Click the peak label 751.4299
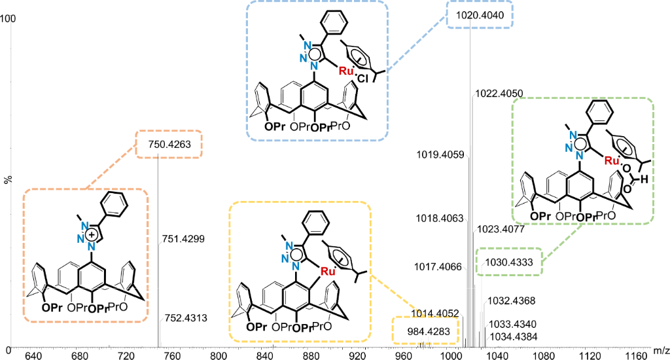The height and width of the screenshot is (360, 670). coord(183,240)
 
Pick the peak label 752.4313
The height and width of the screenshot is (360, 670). coord(183,318)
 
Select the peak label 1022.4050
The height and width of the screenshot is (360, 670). coord(499,94)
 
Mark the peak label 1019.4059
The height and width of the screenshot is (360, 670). coord(440,155)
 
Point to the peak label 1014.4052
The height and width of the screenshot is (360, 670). coord(436,312)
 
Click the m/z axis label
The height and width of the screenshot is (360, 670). coord(661,353)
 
